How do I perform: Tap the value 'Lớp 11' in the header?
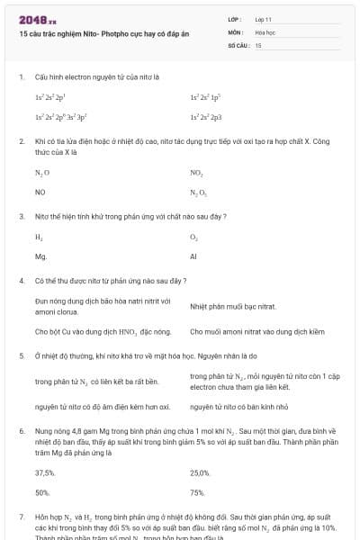tap(264, 19)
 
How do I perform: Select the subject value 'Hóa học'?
tap(265, 31)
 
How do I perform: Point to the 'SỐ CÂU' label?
tap(237, 44)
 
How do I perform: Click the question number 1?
tap(21, 77)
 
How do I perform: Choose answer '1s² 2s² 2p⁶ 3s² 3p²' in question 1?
tap(60, 117)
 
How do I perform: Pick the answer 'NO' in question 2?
tap(40, 192)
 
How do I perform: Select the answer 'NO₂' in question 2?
tap(196, 171)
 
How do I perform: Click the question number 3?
tap(21, 216)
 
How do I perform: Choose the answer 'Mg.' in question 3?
tap(40, 256)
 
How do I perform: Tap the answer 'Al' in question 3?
tap(193, 256)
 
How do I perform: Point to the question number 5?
tap(21, 355)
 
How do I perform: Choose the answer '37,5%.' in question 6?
tap(45, 472)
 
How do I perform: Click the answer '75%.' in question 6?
tap(197, 492)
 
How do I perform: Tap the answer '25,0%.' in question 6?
tap(200, 472)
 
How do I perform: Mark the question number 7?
tap(21, 518)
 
